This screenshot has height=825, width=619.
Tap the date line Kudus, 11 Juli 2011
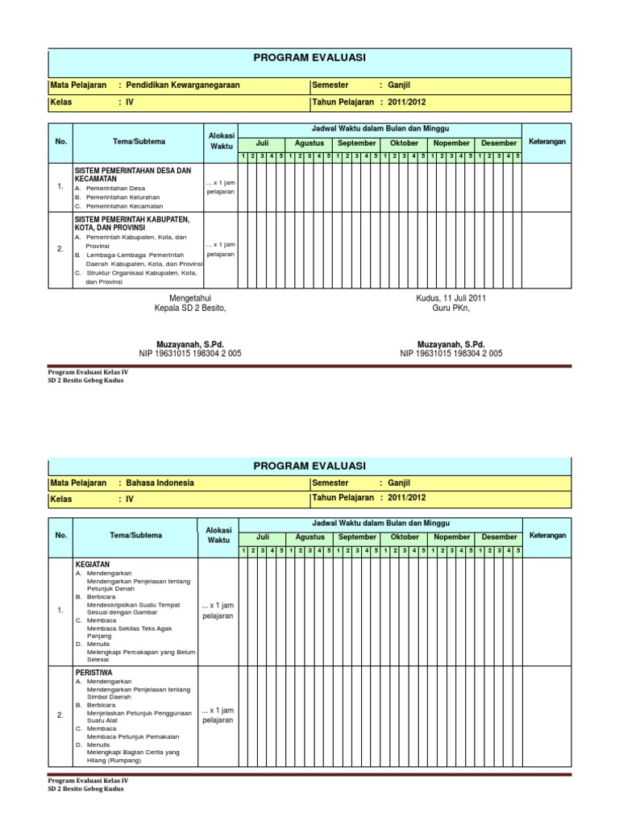451,298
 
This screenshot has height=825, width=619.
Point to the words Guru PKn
451,308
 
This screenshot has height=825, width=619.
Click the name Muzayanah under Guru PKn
451,343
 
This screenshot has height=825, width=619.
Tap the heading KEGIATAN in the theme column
92,566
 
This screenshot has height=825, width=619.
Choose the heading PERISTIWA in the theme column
93,670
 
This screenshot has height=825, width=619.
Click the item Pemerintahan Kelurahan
122,197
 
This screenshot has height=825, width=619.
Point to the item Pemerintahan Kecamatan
123,206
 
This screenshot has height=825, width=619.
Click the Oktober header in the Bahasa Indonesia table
405,537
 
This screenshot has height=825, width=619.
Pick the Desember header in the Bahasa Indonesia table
500,537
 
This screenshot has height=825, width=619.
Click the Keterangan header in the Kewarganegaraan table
547,142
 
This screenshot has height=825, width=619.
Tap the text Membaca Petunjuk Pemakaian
132,736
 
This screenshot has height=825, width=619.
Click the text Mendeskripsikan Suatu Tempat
134,603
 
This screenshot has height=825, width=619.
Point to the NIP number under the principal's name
190,353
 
